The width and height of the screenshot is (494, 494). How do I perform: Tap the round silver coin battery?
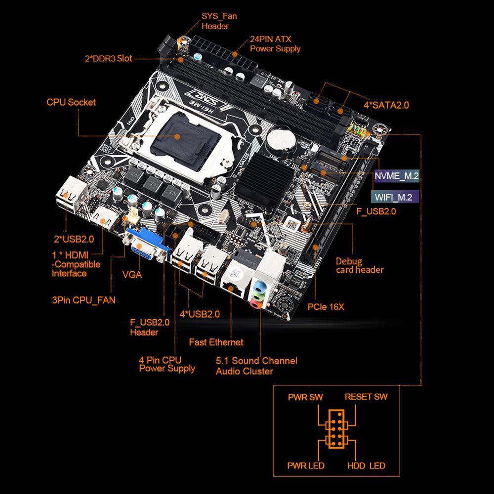pos(281,140)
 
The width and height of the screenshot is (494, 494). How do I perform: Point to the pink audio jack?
pos(255,304)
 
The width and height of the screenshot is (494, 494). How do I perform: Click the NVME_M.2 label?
pos(397,176)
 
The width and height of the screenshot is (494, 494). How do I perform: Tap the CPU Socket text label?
pos(71,102)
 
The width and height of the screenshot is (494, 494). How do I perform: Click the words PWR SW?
pos(305,397)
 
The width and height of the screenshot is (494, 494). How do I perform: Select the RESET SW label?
pos(366,397)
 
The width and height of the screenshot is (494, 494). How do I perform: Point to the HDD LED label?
pos(367,466)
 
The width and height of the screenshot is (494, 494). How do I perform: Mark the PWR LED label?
pos(306,466)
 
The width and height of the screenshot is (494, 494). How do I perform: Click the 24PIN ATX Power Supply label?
pos(275,44)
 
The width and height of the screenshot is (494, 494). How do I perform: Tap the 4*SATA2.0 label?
pos(386,105)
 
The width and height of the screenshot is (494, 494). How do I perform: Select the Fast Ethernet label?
pos(216,342)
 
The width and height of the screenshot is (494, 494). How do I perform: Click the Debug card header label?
pos(360,266)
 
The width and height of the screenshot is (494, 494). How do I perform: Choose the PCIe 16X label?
pos(326,307)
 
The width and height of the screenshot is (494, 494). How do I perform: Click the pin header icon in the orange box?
pos(336,429)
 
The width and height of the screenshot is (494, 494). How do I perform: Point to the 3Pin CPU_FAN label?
pos(84,300)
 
